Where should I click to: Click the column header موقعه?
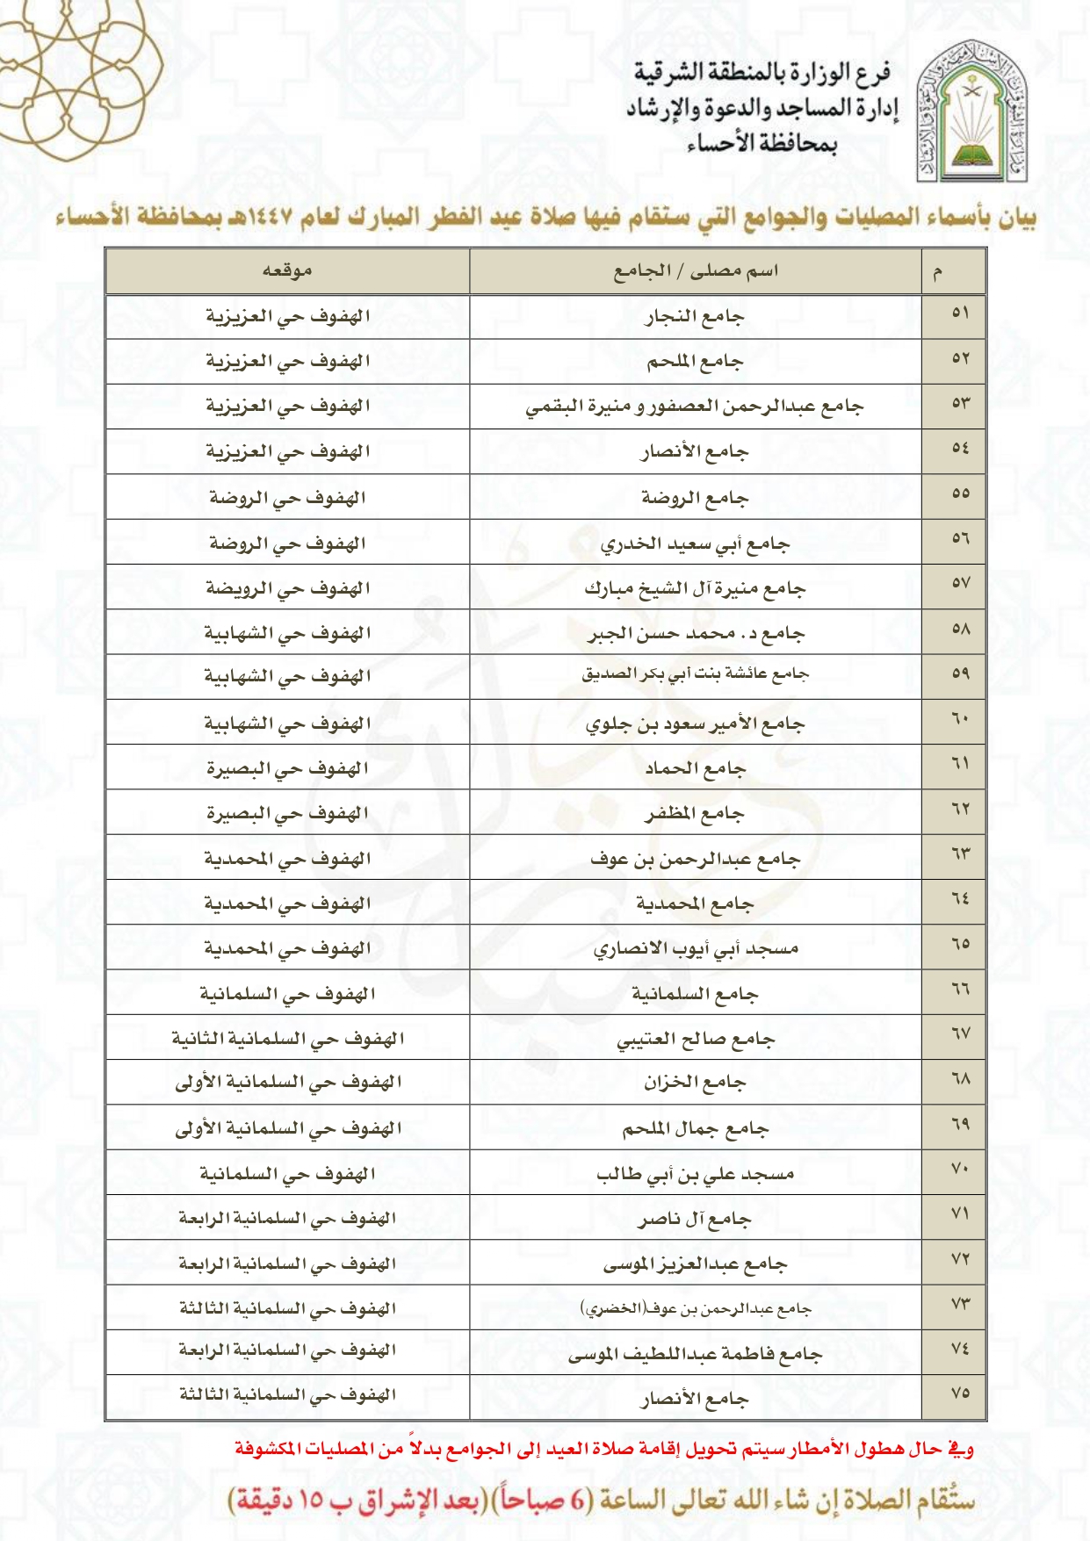pos(287,271)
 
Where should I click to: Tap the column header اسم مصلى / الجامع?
pos(695,271)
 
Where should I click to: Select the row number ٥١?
pos(960,313)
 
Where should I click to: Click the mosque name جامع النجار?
pos(695,317)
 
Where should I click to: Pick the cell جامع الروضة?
pos(695,499)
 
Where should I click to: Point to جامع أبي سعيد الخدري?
pos(695,544)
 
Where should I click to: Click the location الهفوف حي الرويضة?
pos(287,589)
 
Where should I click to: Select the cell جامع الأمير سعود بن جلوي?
pos(695,724)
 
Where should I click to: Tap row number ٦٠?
pos(960,720)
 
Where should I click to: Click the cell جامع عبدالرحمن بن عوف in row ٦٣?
pos(695,860)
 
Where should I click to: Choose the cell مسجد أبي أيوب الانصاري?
pos(695,949)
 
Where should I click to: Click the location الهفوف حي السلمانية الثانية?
pos(287,1040)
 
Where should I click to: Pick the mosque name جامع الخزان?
pos(695,1084)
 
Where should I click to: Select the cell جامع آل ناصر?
pos(695,1220)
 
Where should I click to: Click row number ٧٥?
pos(960,1393)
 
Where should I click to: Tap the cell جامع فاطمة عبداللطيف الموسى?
pos(695,1355)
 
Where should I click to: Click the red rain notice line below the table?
pos(604,1449)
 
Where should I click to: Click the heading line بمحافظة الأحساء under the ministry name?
pos(762,144)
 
